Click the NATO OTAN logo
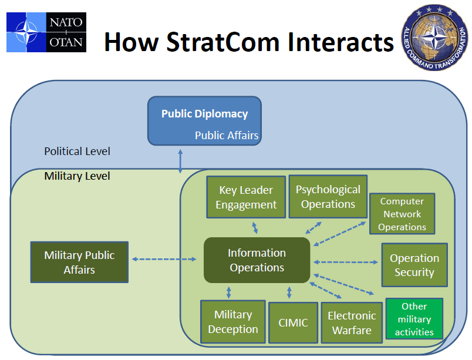point(46,32)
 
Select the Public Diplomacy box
point(204,120)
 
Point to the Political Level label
point(77,152)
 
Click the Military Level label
point(77,176)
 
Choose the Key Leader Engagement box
point(246,197)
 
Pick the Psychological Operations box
point(328,197)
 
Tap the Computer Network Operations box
point(402,214)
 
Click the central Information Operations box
point(257,260)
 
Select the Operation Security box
point(414,265)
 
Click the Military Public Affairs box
point(79,263)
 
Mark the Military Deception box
point(232,322)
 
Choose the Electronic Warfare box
point(352,322)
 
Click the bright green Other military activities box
point(414,319)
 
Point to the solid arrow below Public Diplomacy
point(181,160)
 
